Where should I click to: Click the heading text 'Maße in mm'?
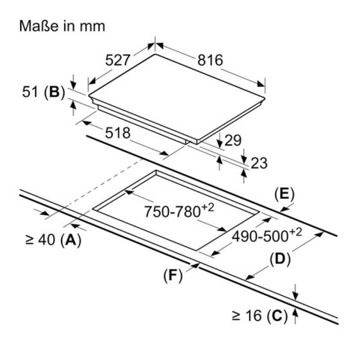(x=62, y=26)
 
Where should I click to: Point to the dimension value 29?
(x=233, y=141)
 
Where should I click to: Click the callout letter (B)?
(x=54, y=92)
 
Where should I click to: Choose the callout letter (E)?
(x=283, y=194)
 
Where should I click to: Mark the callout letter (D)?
(x=280, y=259)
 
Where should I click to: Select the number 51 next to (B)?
(x=30, y=92)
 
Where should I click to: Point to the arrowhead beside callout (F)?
(x=195, y=266)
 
